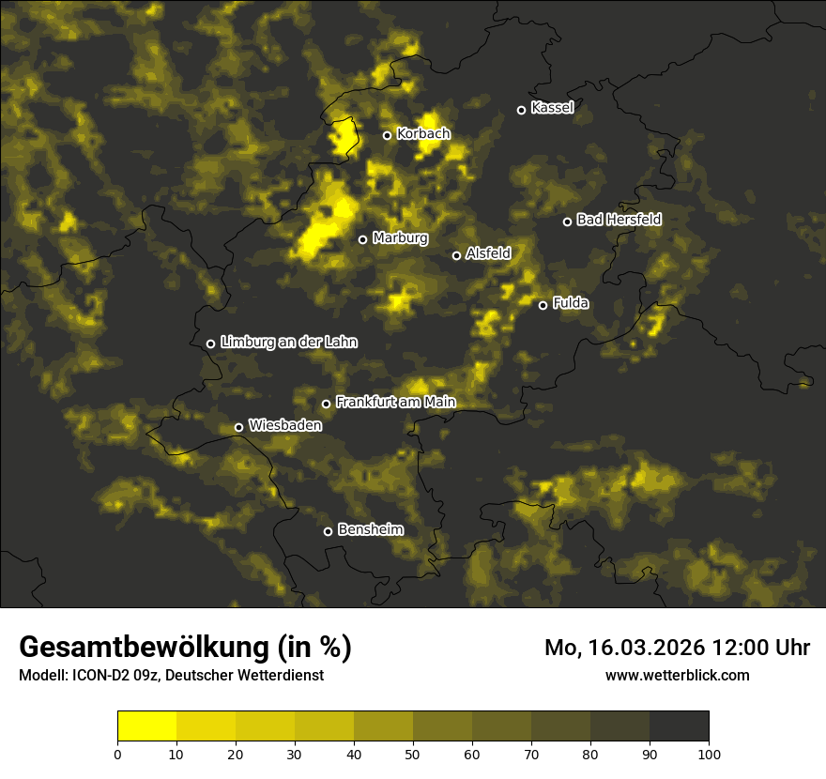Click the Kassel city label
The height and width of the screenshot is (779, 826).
coord(552,108)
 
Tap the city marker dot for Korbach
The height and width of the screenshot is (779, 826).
coord(387,135)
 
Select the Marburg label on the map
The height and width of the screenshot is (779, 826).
coord(400,238)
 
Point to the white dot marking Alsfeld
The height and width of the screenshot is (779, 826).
coord(457,255)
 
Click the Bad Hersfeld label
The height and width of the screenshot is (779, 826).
coord(619,220)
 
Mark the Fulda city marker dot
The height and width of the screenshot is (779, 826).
coord(543,305)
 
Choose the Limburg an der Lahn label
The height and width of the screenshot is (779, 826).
coord(288,343)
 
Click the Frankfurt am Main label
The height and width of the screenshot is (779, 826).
coord(395,403)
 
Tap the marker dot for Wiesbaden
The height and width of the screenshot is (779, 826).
coord(239,427)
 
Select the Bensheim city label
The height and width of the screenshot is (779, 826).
coord(370,529)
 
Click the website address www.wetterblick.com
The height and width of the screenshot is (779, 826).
coord(677,675)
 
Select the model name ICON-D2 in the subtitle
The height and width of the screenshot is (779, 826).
coord(102,676)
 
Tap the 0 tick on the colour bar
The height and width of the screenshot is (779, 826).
coord(117,754)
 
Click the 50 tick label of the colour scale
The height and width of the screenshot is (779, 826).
coord(413,754)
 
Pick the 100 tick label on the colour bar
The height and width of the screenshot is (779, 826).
coord(709,754)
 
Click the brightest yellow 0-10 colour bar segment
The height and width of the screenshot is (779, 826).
coord(147,726)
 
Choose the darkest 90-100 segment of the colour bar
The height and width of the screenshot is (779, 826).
coord(679,726)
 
